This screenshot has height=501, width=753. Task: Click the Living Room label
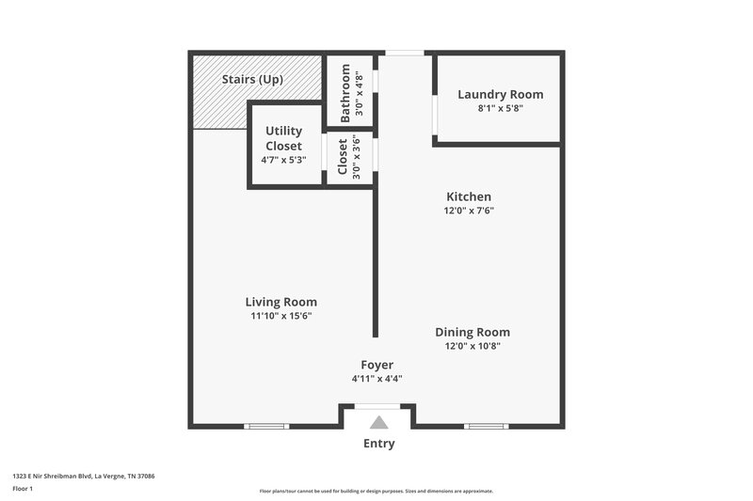[x=280, y=302]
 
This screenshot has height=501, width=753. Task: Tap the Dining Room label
[x=472, y=332]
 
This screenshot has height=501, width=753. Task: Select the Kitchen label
[x=469, y=196]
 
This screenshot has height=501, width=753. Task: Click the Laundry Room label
[x=500, y=94]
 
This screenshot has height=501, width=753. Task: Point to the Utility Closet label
[x=283, y=138]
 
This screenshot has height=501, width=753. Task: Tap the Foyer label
[x=376, y=365]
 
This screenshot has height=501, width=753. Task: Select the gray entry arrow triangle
[x=377, y=423]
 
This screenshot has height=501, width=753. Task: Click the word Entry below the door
[x=377, y=444]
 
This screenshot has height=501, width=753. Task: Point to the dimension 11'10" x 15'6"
[x=280, y=316]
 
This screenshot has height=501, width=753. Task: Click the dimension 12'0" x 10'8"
[x=472, y=346]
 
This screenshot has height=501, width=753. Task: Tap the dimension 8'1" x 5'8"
[x=500, y=108]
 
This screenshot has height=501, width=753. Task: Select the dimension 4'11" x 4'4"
[x=376, y=379]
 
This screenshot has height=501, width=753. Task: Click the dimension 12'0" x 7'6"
[x=469, y=211]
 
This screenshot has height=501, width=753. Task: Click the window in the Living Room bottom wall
[x=266, y=426]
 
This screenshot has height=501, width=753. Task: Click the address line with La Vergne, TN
[x=83, y=477]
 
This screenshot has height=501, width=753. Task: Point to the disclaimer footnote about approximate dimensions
[x=376, y=491]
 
